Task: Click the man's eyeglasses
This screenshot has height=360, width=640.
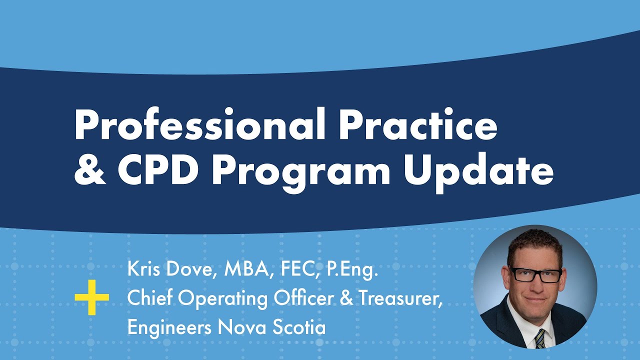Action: (534, 275)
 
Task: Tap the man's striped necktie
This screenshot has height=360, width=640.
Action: (540, 338)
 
